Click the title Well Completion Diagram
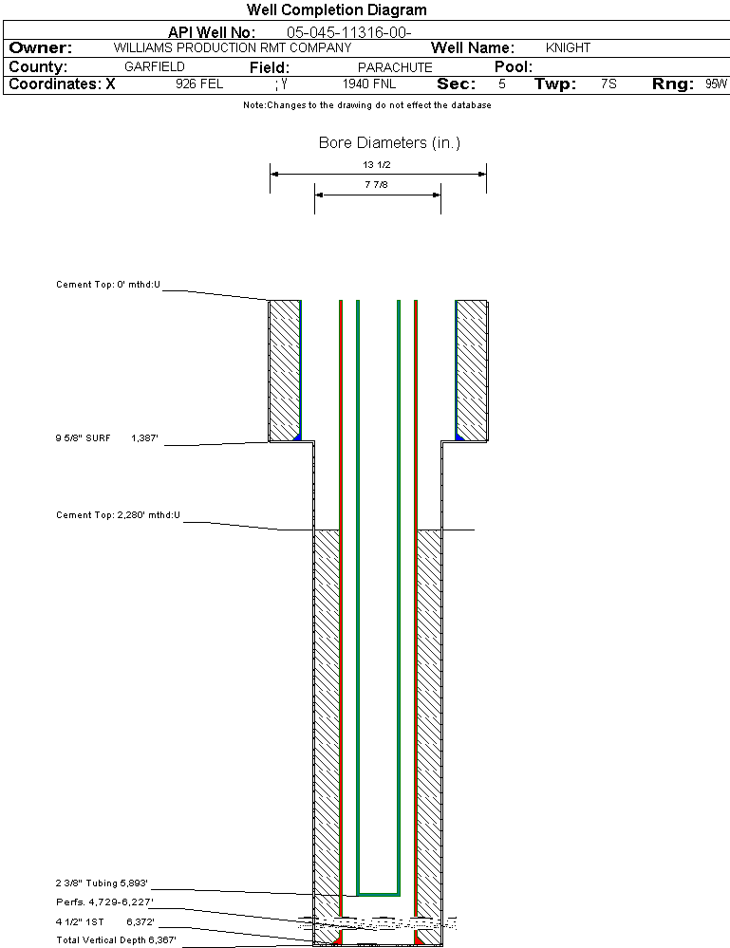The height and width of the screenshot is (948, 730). (x=336, y=10)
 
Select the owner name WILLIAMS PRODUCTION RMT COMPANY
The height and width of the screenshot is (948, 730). (x=232, y=47)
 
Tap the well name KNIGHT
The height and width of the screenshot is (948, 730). (x=568, y=47)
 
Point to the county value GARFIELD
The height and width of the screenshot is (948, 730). (x=155, y=67)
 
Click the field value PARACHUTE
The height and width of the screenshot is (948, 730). (x=395, y=67)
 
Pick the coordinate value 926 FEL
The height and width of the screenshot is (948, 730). (x=199, y=84)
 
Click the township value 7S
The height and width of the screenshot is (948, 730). (x=608, y=84)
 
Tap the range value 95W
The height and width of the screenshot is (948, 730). (x=716, y=84)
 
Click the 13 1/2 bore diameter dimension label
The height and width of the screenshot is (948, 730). (x=377, y=164)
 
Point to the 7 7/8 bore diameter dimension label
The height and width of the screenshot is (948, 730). (x=377, y=185)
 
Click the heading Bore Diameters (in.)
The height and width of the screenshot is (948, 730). (x=389, y=143)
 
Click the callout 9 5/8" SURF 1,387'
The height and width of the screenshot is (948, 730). (x=106, y=438)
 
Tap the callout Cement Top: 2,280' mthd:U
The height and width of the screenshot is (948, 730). (x=118, y=515)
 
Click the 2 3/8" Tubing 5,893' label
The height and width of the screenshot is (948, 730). (x=102, y=883)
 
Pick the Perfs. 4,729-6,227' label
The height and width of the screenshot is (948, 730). (x=104, y=902)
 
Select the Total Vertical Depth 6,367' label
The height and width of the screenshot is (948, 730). (x=116, y=939)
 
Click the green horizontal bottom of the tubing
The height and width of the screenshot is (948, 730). (x=378, y=894)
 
